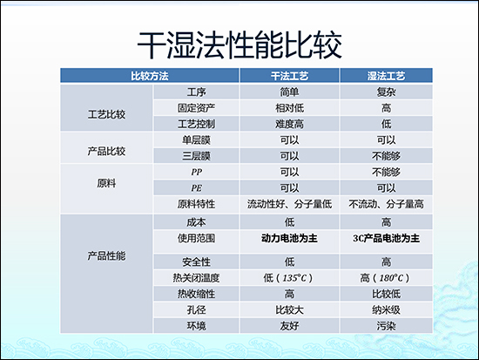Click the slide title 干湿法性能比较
240,44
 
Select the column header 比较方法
149,77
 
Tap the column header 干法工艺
289,77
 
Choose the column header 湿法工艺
385,77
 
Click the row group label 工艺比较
107,114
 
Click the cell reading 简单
289,92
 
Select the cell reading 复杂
385,92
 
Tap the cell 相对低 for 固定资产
289,107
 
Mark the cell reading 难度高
289,123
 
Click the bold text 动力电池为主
289,238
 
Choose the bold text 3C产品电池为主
385,238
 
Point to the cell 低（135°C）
289,277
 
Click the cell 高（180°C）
385,277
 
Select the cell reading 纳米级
385,309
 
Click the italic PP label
196,172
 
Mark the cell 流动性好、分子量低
289,203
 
